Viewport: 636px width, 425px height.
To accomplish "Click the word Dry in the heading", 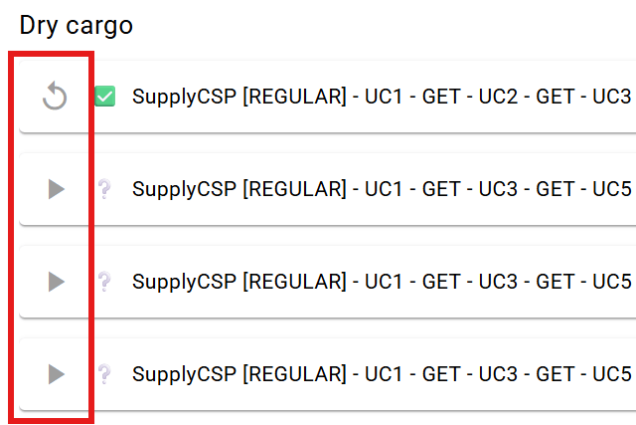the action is pyautogui.click(x=39, y=26).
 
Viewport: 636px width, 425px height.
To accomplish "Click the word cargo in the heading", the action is pyautogui.click(x=99, y=27).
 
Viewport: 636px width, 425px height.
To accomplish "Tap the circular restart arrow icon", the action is pyautogui.click(x=55, y=96).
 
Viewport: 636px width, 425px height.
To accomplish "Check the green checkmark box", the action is pyautogui.click(x=104, y=97).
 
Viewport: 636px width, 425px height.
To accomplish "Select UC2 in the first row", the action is pyautogui.click(x=498, y=97).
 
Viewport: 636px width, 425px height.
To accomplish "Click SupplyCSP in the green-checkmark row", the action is pyautogui.click(x=184, y=98).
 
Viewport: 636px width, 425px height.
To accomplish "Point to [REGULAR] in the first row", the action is pyautogui.click(x=294, y=97).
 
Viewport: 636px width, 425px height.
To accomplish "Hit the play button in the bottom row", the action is pyautogui.click(x=56, y=374).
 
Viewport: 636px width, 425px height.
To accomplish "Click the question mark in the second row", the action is pyautogui.click(x=104, y=189).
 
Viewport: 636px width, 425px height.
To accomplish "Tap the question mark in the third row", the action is pyautogui.click(x=104, y=282).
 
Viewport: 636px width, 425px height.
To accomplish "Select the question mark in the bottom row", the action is pyautogui.click(x=104, y=374).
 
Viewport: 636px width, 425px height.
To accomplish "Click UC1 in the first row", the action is pyautogui.click(x=384, y=97).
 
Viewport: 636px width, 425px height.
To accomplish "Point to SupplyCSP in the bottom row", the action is pyautogui.click(x=184, y=375).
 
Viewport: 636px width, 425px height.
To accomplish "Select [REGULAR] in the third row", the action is pyautogui.click(x=294, y=282).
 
